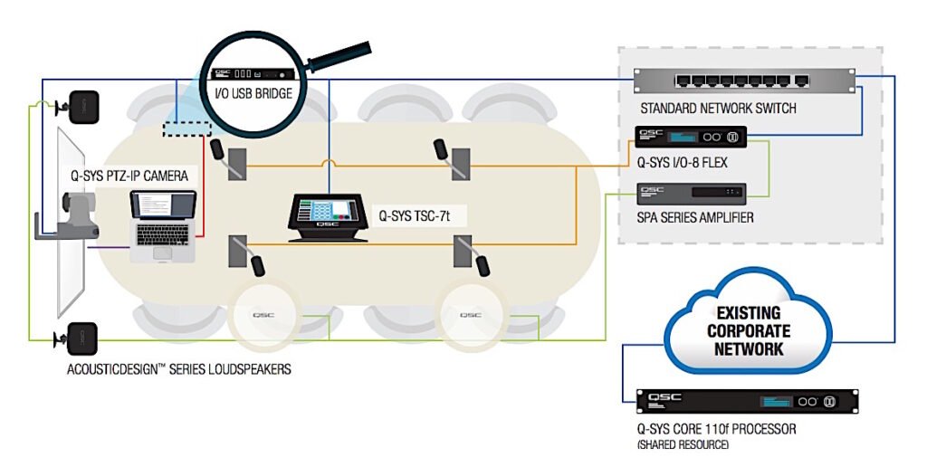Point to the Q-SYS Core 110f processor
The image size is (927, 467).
(x=747, y=401)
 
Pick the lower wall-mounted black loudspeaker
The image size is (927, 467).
(x=81, y=338)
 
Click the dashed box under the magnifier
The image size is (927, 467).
(x=186, y=129)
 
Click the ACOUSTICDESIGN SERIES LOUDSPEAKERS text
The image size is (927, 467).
(x=179, y=369)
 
